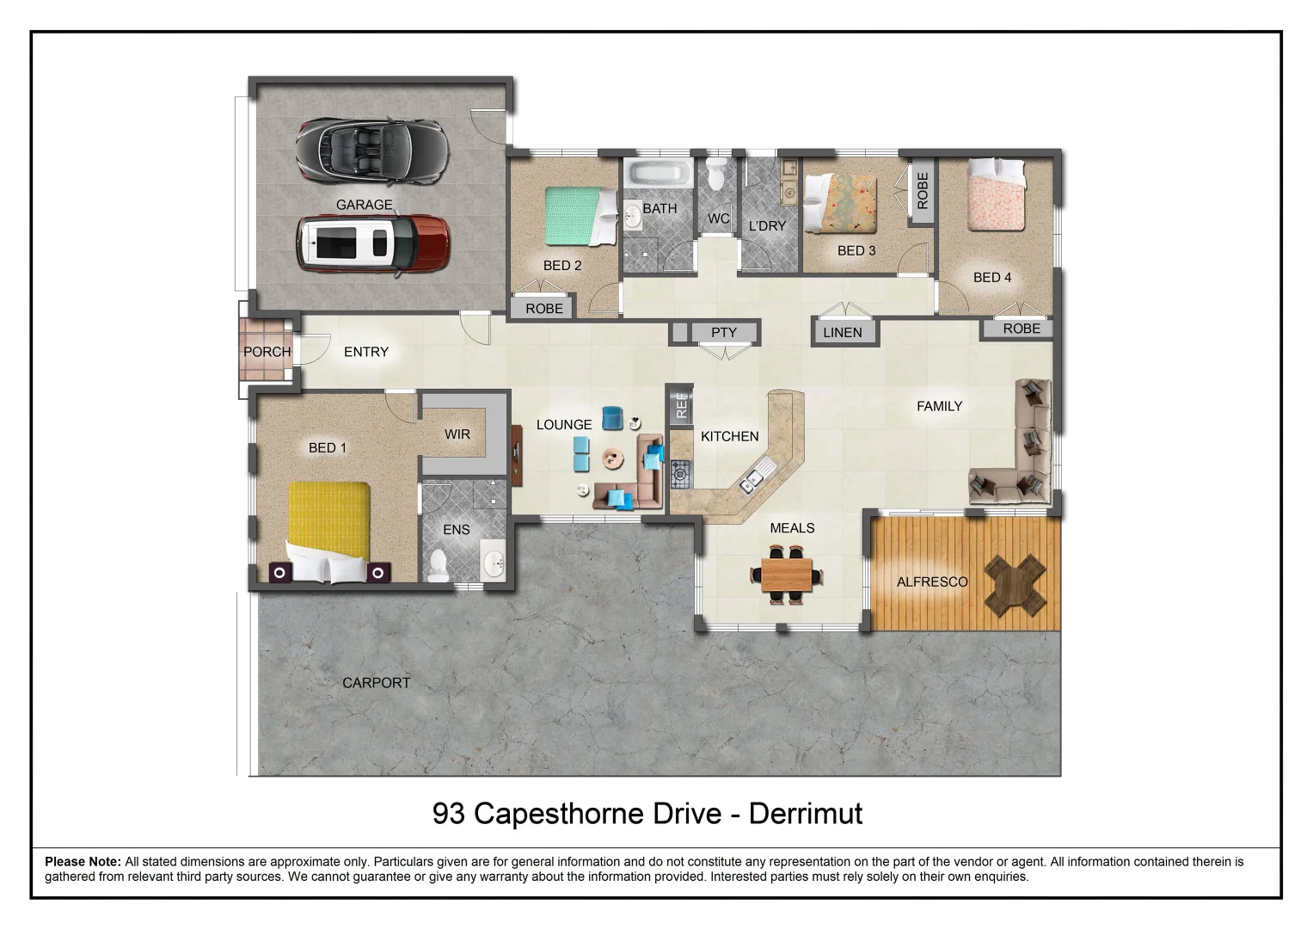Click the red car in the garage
pos(373,243)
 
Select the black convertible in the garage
pos(372,151)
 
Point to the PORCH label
pos(267,352)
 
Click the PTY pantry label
pos(724,333)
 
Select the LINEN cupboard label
pos(842,333)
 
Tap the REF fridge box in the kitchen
pos(682,403)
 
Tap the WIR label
pos(457,434)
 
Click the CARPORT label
pos(376,683)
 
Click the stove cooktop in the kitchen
pos(680,474)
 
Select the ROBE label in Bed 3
pos(923,191)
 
